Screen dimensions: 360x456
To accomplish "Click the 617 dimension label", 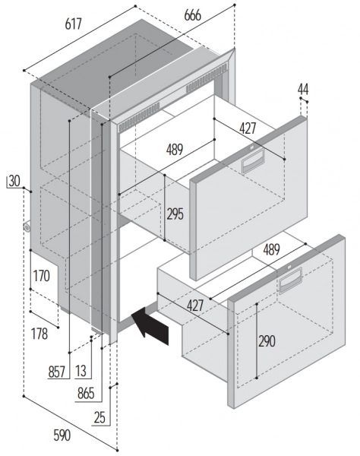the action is [x=73, y=24].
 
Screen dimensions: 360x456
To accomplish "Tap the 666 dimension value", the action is [x=192, y=15].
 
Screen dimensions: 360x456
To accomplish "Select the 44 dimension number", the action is [x=303, y=89].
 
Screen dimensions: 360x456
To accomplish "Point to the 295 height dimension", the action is [x=175, y=214].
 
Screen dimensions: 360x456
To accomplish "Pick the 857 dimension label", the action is [x=57, y=372].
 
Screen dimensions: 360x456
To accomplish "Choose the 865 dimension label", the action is [x=86, y=394].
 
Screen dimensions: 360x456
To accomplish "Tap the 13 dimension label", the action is [x=81, y=371].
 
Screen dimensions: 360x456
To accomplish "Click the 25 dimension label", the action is [x=99, y=418].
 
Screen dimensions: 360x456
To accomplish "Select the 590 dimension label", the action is [x=62, y=435].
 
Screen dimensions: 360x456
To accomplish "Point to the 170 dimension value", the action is [x=41, y=276].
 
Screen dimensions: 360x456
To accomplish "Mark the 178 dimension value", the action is [x=39, y=334].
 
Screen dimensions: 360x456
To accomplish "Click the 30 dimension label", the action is [x=14, y=181].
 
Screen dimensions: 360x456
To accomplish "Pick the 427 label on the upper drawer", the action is [x=248, y=128].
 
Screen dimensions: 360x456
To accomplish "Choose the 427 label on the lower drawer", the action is [x=195, y=306].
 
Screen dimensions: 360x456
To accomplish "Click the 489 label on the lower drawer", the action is [x=271, y=249].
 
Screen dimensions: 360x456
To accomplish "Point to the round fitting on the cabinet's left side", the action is [x=27, y=226].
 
